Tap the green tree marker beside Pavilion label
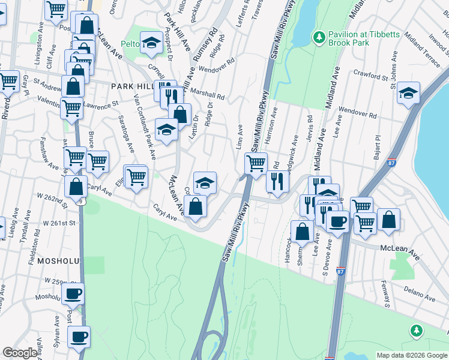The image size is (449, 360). click(320, 38)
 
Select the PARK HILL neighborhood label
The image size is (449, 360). click(133, 86)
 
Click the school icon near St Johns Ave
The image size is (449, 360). click(408, 93)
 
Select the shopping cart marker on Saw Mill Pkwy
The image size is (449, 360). click(256, 162)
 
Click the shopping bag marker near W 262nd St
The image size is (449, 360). click(76, 186)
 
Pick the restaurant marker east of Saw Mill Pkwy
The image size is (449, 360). click(277, 181)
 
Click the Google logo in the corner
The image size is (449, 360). click(20, 353)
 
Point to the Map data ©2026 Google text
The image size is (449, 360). click(412, 355)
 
